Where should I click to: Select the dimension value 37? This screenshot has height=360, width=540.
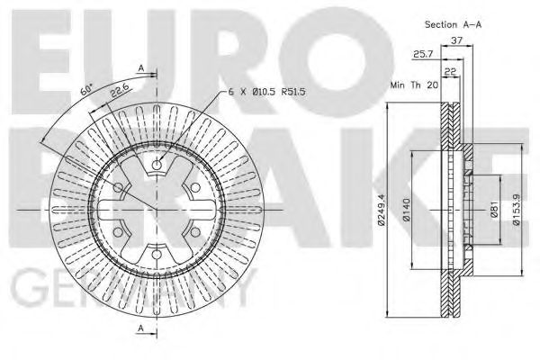(456, 40)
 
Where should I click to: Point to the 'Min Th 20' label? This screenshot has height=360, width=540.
(413, 85)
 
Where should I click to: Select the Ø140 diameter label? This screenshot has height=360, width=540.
(408, 209)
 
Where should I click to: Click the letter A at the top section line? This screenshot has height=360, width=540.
(141, 67)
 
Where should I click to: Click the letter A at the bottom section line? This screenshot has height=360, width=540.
(141, 329)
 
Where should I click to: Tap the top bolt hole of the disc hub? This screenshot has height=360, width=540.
(157, 165)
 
